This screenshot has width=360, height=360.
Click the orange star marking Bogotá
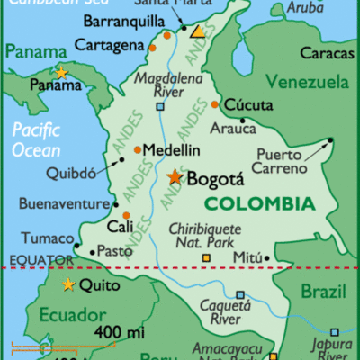[x=174, y=177]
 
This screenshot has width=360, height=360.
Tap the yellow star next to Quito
[x=68, y=286]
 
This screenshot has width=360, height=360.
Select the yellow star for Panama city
[x=61, y=73]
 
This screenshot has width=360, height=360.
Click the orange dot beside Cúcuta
[x=214, y=104]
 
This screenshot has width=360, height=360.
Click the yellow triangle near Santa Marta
[x=197, y=31]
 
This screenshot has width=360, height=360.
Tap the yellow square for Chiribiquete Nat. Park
[x=206, y=258]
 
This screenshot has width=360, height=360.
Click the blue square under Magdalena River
[x=160, y=106]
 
